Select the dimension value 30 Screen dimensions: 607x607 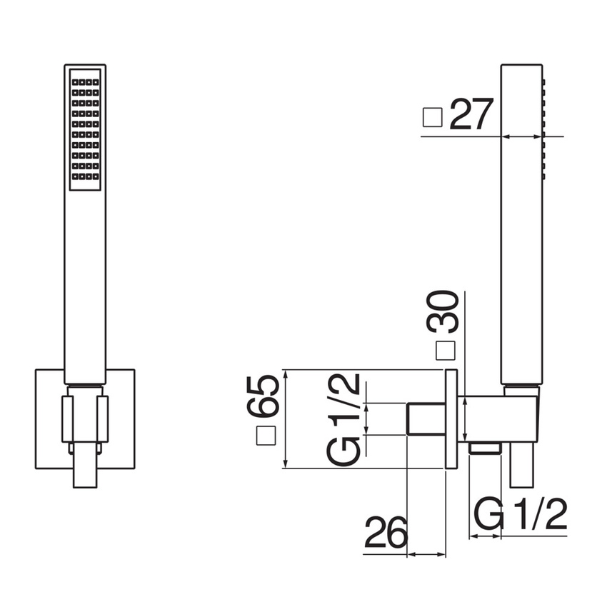(443, 312)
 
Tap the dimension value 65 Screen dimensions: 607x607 (263, 396)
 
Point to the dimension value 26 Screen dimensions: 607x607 (386, 532)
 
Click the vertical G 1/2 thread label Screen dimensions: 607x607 (343, 420)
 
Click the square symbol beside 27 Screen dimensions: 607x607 (433, 117)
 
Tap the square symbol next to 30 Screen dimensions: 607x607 (446, 351)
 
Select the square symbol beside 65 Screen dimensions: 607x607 (266, 436)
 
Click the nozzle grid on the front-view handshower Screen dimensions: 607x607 (85, 130)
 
